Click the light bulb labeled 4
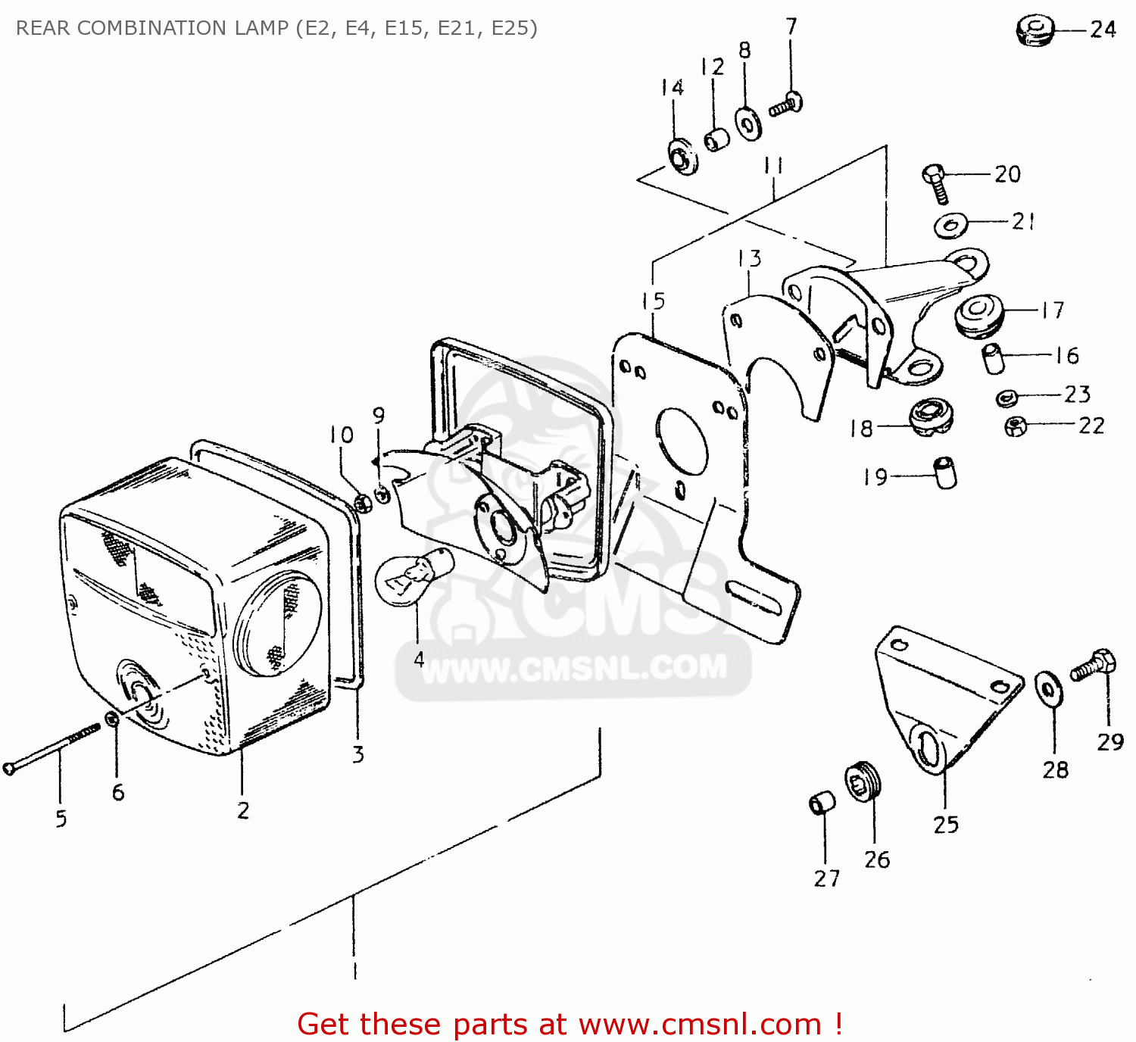[413, 579]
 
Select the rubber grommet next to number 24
[1035, 31]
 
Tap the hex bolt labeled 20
[936, 183]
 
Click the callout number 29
[1110, 742]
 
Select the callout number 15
[654, 301]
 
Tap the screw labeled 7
[787, 104]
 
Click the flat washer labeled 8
[749, 123]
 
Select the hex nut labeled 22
[1015, 426]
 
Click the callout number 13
[750, 258]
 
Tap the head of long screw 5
[8, 769]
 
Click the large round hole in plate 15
[682, 442]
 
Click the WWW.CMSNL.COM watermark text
[573, 668]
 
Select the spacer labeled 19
[945, 473]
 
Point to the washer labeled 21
[950, 224]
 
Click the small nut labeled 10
[363, 504]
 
